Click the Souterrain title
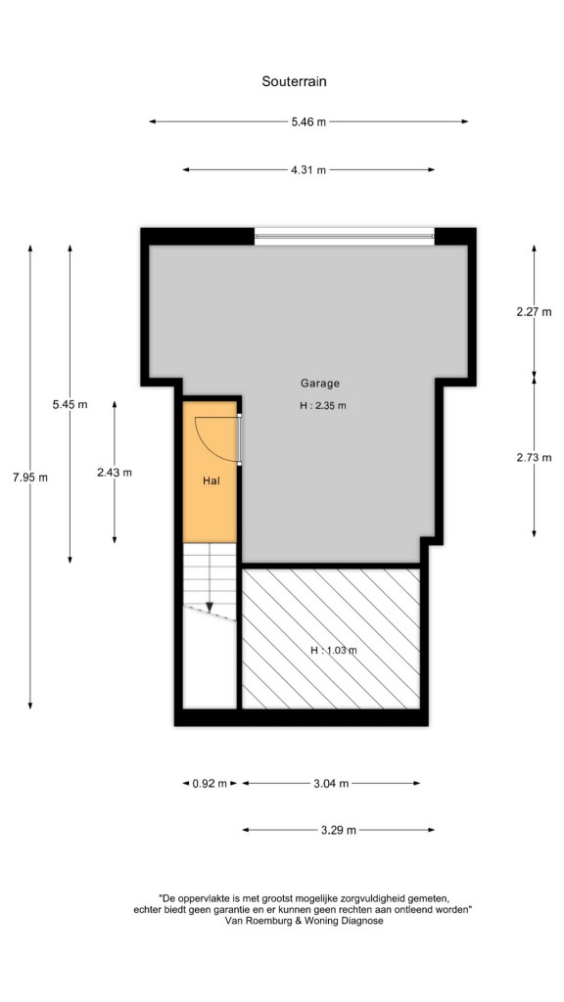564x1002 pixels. click(x=294, y=81)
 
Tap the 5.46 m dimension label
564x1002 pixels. click(x=308, y=122)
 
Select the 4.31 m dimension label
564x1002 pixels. click(x=308, y=170)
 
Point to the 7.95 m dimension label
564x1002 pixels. click(x=30, y=478)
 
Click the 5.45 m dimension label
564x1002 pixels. click(x=70, y=404)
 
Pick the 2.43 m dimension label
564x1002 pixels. click(x=115, y=473)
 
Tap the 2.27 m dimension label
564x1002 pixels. click(x=534, y=312)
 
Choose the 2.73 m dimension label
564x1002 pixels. click(x=534, y=458)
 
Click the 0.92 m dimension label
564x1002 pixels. click(x=210, y=784)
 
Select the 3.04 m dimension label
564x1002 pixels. click(x=331, y=784)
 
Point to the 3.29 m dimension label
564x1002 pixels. click(x=338, y=830)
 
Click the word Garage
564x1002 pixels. click(x=320, y=384)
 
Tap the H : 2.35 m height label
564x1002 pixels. click(x=323, y=405)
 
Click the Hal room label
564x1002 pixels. click(x=211, y=481)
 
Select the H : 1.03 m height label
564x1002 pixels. click(x=333, y=651)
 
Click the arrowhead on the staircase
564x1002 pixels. click(x=210, y=607)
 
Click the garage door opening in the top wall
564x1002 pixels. click(x=344, y=237)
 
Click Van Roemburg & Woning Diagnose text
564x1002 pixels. click(x=304, y=921)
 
